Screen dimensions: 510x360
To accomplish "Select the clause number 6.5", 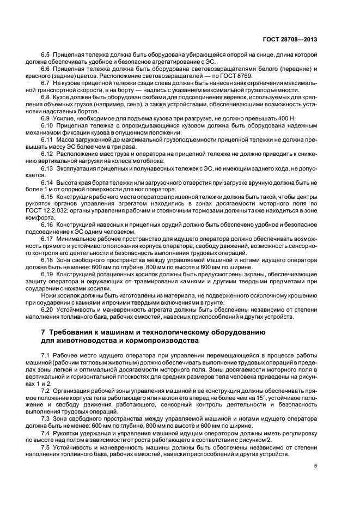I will tap(46, 56).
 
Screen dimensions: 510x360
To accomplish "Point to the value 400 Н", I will tap(273, 118).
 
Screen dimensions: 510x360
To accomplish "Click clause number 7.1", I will tap(46, 355).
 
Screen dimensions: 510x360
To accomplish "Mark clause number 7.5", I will tap(46, 447).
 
